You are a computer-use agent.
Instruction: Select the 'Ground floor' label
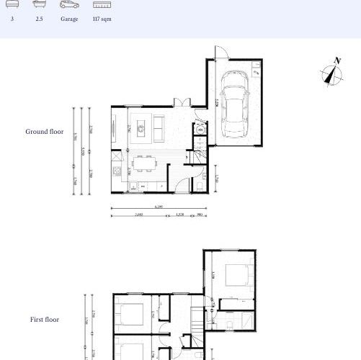click(45, 132)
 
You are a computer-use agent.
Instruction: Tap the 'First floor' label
click(45, 319)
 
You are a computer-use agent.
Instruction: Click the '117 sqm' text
click(102, 20)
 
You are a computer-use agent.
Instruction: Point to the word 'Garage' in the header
click(69, 20)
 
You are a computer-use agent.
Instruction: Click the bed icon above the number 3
click(12, 4)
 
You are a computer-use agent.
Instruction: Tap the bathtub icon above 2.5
click(39, 4)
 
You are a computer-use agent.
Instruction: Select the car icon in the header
click(69, 4)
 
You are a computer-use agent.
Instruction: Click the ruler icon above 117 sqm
click(102, 4)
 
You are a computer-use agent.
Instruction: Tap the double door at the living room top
click(183, 102)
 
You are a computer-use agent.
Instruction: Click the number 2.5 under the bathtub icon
click(39, 20)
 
